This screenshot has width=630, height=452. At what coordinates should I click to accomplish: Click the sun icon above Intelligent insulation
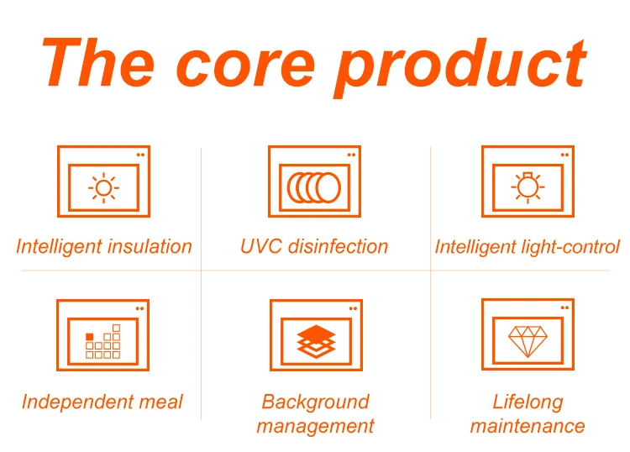(103, 187)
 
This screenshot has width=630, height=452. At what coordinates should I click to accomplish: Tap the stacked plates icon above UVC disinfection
(314, 187)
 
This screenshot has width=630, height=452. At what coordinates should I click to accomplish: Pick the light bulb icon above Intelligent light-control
(527, 187)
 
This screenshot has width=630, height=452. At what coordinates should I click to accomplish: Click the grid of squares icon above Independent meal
(103, 343)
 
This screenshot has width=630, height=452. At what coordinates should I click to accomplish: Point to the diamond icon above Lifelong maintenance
(527, 340)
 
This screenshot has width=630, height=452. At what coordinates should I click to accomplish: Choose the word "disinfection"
(338, 246)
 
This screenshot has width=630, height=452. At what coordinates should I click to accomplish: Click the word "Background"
(315, 402)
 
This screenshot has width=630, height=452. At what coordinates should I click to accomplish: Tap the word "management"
(315, 427)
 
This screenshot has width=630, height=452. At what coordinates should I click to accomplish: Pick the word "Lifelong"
(528, 402)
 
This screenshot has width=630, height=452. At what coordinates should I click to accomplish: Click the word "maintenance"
(528, 426)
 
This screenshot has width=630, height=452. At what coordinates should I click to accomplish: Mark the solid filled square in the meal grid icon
(90, 337)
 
